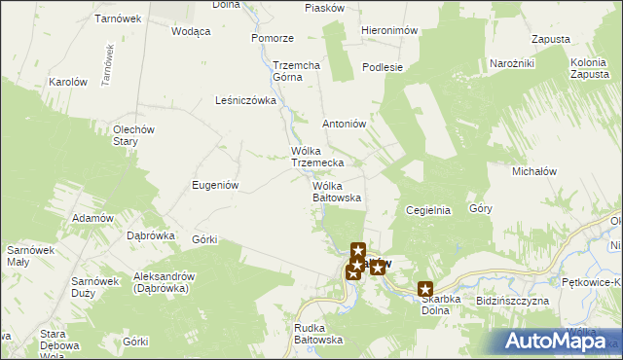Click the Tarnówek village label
click(120, 18)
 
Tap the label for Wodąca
click(191, 31)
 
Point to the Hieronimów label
click(389, 31)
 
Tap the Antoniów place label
click(344, 125)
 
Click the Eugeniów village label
click(216, 185)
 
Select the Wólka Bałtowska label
click(337, 192)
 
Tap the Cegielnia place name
click(427, 209)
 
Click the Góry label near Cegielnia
click(481, 208)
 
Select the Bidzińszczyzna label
click(513, 302)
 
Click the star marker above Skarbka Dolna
click(425, 288)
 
